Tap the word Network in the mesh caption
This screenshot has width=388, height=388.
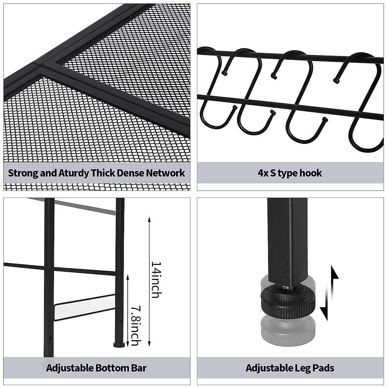pyautogui.click(x=166, y=173)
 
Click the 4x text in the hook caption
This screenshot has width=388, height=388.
pyautogui.click(x=264, y=173)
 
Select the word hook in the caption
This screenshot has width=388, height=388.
pyautogui.click(x=311, y=173)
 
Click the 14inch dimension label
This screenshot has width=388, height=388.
pyautogui.click(x=156, y=279)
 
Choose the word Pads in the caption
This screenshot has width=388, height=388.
pyautogui.click(x=324, y=368)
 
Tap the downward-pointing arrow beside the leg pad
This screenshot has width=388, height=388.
pyautogui.click(x=325, y=307)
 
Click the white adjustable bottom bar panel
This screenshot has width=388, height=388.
pyautogui.click(x=86, y=309)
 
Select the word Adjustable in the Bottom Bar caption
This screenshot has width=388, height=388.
pyautogui.click(x=69, y=368)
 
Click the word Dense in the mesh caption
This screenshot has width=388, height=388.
pyautogui.click(x=129, y=173)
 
